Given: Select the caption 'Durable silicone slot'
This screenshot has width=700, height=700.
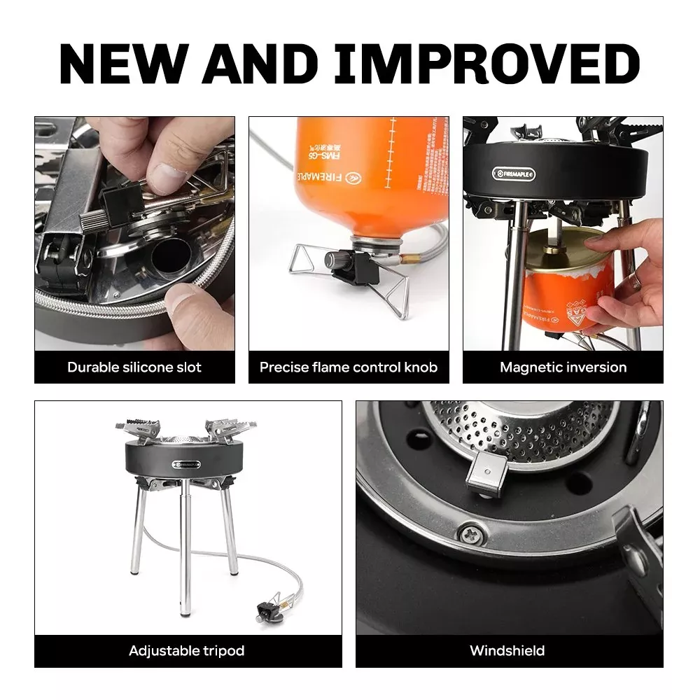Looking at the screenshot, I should pos(134,367).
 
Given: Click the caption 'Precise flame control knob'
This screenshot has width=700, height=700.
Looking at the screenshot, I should pos(349,367).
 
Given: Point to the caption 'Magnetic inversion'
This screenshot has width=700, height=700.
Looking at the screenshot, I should pos(563,367).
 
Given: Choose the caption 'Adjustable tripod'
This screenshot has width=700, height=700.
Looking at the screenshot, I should pos(187,650).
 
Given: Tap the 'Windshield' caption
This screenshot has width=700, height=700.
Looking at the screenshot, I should pos(507,650).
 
